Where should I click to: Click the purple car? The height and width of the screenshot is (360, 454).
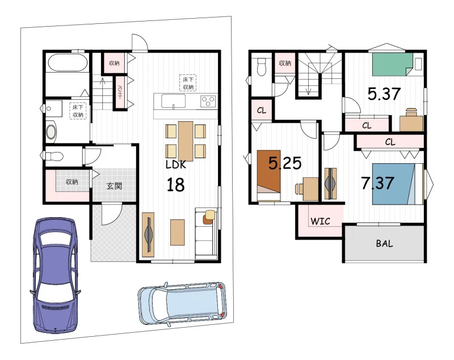(x=55, y=276)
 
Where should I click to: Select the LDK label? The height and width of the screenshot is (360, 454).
(x=176, y=164)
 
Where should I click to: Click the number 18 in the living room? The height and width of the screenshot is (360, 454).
(x=176, y=185)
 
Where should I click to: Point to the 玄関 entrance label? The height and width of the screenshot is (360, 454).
(x=114, y=186)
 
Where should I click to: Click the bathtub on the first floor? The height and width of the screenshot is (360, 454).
(x=68, y=62)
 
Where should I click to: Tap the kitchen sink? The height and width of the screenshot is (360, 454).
(x=173, y=101)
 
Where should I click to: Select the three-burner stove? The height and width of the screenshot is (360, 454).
(x=208, y=101)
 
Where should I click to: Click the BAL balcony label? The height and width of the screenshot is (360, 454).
(x=384, y=243)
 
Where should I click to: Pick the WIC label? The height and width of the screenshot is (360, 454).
(x=320, y=222)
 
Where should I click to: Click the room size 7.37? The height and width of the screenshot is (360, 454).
(x=377, y=183)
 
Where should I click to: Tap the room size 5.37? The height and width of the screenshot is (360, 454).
(x=384, y=94)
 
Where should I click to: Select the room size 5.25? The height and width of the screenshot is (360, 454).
(x=285, y=163)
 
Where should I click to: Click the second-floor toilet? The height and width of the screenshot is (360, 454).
(x=262, y=67)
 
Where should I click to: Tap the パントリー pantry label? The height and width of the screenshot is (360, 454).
(x=119, y=93)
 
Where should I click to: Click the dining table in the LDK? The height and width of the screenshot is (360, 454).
(x=186, y=141)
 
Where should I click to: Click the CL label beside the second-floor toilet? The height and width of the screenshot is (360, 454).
(x=262, y=111)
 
